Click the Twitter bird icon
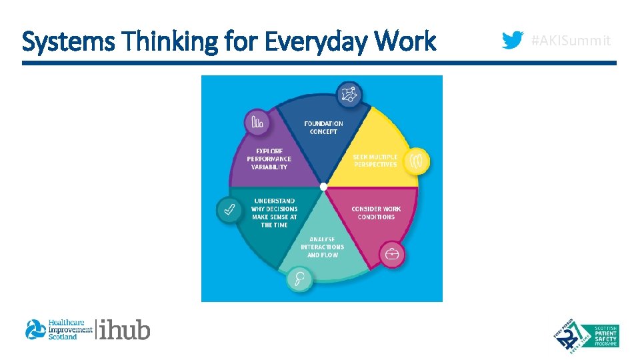coord(512,41)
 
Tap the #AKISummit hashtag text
coord(570,41)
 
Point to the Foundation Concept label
coord(323,127)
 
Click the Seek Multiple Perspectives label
coord(375,161)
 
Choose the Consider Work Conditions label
coord(376,213)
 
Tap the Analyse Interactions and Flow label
coord(323,247)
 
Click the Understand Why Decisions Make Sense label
coord(274,213)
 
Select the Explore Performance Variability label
coord(269,159)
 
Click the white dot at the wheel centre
coord(323,186)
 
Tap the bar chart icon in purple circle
coord(257,121)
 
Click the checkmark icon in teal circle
coord(229,211)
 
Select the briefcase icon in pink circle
coord(392,254)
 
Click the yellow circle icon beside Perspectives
coord(417,161)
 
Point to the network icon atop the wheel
coord(349,95)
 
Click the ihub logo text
coord(125,329)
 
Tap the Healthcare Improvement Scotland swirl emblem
coord(35,329)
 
